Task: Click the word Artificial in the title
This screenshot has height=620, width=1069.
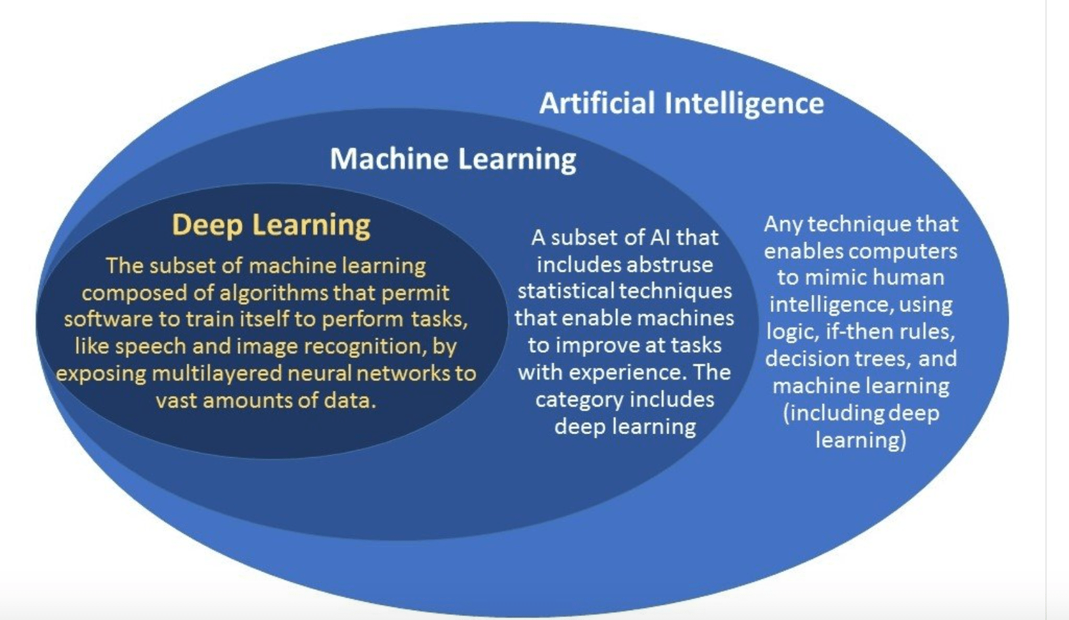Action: click(597, 103)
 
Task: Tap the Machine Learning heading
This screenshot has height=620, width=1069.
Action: click(453, 159)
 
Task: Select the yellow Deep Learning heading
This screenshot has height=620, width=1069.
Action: click(271, 225)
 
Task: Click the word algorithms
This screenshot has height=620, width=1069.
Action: click(273, 293)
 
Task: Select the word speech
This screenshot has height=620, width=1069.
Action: click(150, 347)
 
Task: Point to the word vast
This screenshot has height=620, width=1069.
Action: click(177, 401)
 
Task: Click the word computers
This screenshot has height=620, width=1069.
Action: click(899, 252)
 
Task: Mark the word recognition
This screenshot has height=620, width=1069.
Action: click(364, 347)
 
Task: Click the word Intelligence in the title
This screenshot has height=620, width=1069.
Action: click(745, 104)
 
